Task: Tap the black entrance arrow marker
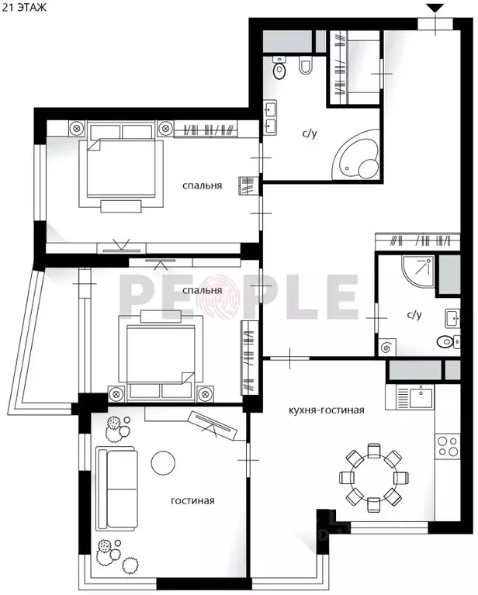point(436,9)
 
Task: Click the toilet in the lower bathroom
point(444,341)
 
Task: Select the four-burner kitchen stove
point(449,446)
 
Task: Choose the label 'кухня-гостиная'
point(326,410)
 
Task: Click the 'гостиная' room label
point(192,500)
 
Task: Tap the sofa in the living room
point(116,486)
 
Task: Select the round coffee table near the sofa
point(164,462)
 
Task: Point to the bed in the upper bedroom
point(123,168)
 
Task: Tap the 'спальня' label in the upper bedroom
point(203,185)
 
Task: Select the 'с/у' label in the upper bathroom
point(310,133)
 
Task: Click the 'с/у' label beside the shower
point(414,315)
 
